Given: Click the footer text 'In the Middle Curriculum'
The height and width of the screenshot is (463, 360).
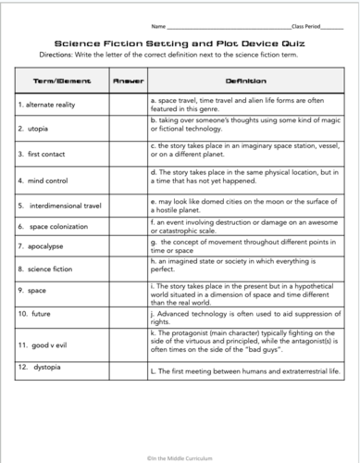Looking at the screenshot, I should coord(180,454).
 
